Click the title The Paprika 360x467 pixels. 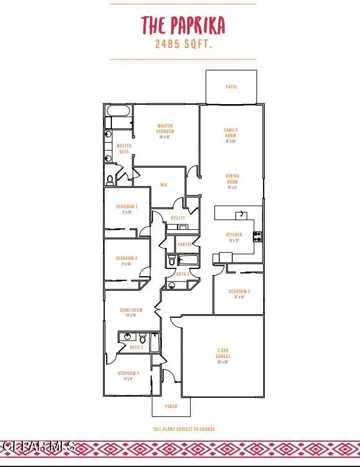point(182,25)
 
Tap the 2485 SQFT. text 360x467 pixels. point(183,45)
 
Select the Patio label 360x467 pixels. point(231,87)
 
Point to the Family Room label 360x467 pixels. point(231,132)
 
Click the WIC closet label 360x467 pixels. point(163,185)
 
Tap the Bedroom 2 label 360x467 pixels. point(126,207)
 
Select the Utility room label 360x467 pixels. point(178,218)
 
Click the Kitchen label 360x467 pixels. point(234,235)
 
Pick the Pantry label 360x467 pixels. point(184,244)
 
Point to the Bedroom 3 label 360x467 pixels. point(126,258)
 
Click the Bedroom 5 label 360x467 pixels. point(239,292)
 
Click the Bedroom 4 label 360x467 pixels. point(128,373)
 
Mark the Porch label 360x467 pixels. point(172,406)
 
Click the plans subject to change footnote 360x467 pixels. point(183,429)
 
